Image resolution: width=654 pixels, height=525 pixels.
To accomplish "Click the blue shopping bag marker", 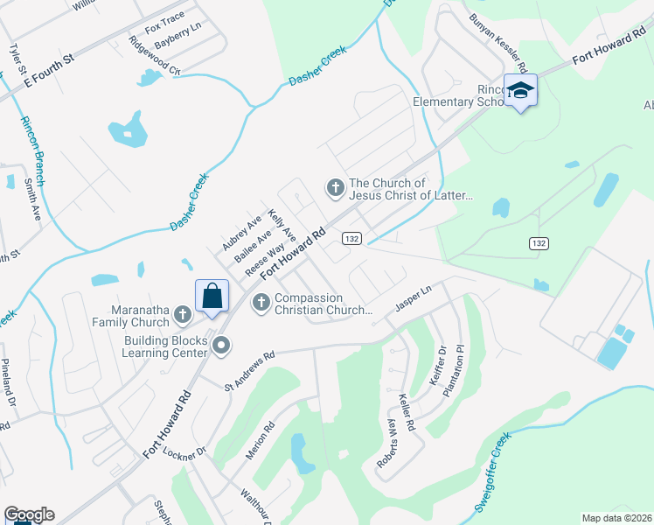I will [212, 297].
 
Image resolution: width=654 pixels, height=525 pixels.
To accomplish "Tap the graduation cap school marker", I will [521, 91].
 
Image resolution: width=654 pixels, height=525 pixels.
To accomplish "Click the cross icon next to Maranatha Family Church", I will [183, 313].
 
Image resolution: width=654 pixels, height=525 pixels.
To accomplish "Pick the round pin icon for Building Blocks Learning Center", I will [221, 346].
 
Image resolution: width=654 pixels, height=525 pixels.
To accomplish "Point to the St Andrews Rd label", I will [249, 370].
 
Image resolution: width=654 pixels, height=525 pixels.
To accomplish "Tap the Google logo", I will [29, 514].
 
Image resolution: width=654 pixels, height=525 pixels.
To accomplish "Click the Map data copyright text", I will [616, 518].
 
